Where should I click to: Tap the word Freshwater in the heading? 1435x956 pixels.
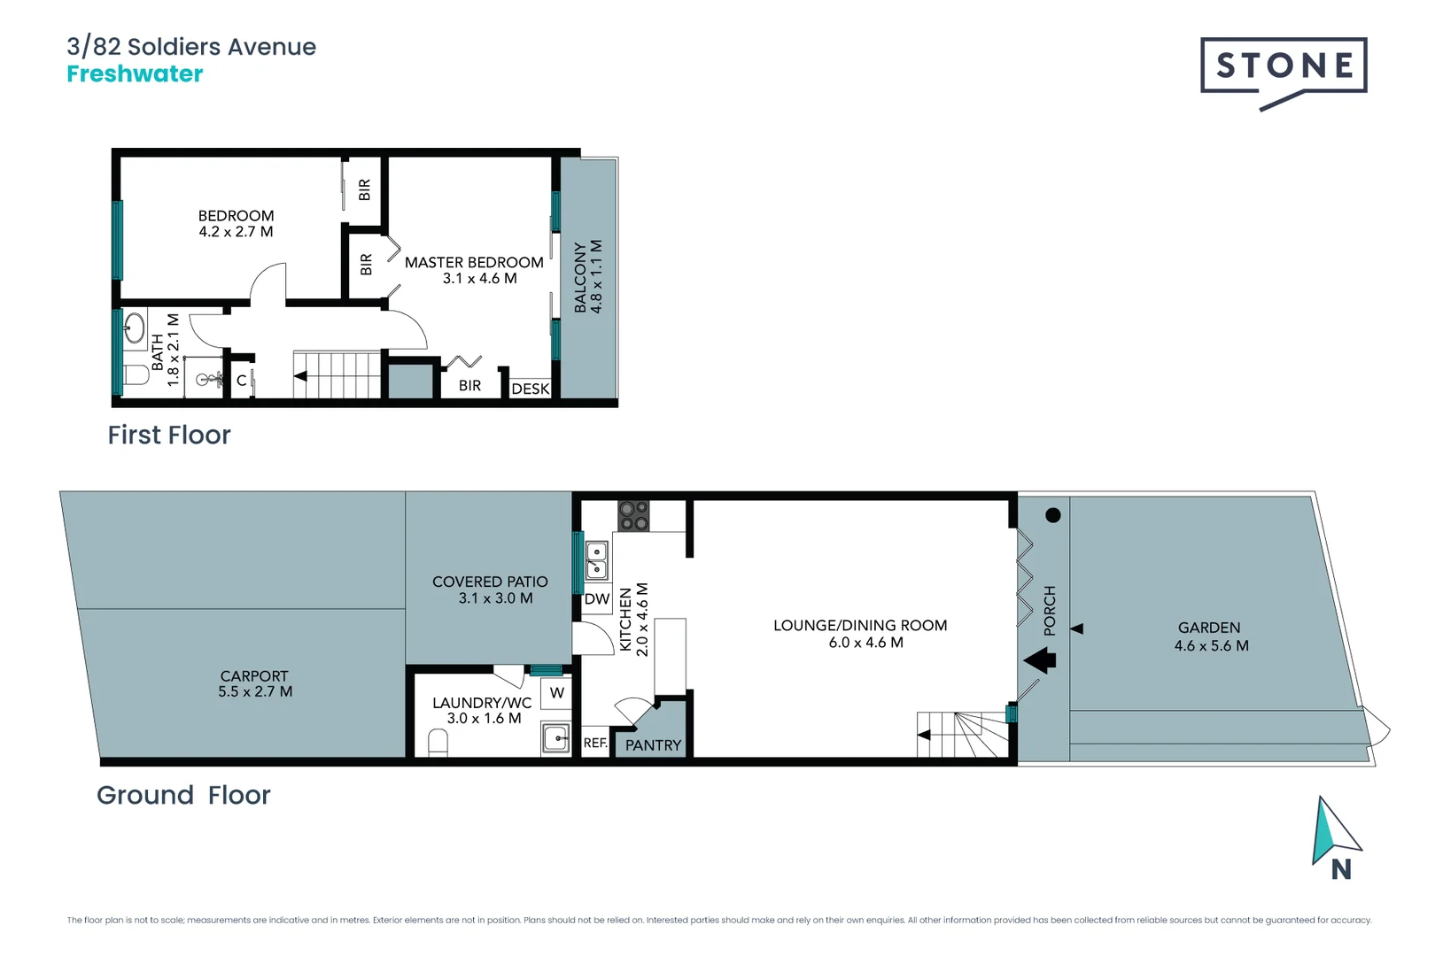pos(135,74)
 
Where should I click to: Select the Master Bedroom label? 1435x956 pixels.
pos(474,263)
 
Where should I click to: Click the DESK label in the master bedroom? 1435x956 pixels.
pos(530,389)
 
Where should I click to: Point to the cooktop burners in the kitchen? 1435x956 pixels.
pos(633,516)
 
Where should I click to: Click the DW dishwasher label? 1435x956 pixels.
pos(597,599)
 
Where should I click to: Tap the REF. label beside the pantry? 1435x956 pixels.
pos(595,744)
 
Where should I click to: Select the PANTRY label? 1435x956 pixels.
pos(653,745)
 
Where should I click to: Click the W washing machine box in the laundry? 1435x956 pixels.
pos(556,693)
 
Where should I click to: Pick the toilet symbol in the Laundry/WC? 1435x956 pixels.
pos(438,741)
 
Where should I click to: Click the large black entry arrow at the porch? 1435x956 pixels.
pos(1040,660)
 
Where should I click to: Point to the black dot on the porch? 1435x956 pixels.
pos(1052,515)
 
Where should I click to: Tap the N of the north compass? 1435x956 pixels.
pos(1341,870)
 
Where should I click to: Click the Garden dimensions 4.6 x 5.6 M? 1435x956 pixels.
pos(1211,646)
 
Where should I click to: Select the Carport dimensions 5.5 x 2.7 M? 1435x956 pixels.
pos(255,692)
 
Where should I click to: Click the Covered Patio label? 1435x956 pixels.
pos(490,582)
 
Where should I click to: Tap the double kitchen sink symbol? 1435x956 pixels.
pos(596,559)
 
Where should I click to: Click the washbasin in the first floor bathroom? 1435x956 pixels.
pos(134,328)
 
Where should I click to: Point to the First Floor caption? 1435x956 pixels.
pos(169,436)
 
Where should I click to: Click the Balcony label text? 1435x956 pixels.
pos(580,276)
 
